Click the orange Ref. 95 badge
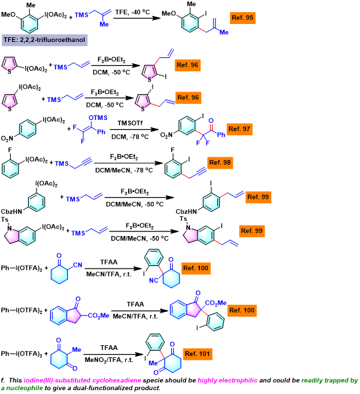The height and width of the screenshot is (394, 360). tap(243, 18)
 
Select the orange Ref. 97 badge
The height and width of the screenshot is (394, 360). tap(239, 129)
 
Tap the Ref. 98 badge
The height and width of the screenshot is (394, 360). tap(220, 163)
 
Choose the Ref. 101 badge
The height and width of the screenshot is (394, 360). tap(197, 354)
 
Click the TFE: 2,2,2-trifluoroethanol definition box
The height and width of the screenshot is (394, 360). tap(45, 40)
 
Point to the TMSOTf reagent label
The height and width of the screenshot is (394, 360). tap(130, 123)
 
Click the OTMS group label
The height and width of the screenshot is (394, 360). tap(98, 118)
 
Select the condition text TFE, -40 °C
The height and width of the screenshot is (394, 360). tap(133, 12)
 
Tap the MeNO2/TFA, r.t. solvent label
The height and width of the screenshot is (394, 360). tap(109, 360)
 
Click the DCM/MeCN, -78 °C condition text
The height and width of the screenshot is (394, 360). tap(124, 171)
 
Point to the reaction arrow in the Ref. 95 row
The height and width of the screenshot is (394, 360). tap(137, 18)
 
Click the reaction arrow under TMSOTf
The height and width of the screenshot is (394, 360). tap(135, 129)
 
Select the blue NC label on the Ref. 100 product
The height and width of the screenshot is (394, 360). tap(153, 280)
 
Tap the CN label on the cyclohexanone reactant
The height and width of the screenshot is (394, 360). tap(77, 265)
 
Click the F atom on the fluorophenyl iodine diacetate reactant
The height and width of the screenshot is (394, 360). tap(10, 150)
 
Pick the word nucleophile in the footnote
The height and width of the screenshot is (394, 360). tap(24, 388)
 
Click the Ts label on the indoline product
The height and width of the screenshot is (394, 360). tap(183, 219)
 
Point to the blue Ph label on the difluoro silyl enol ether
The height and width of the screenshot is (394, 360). tap(101, 132)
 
